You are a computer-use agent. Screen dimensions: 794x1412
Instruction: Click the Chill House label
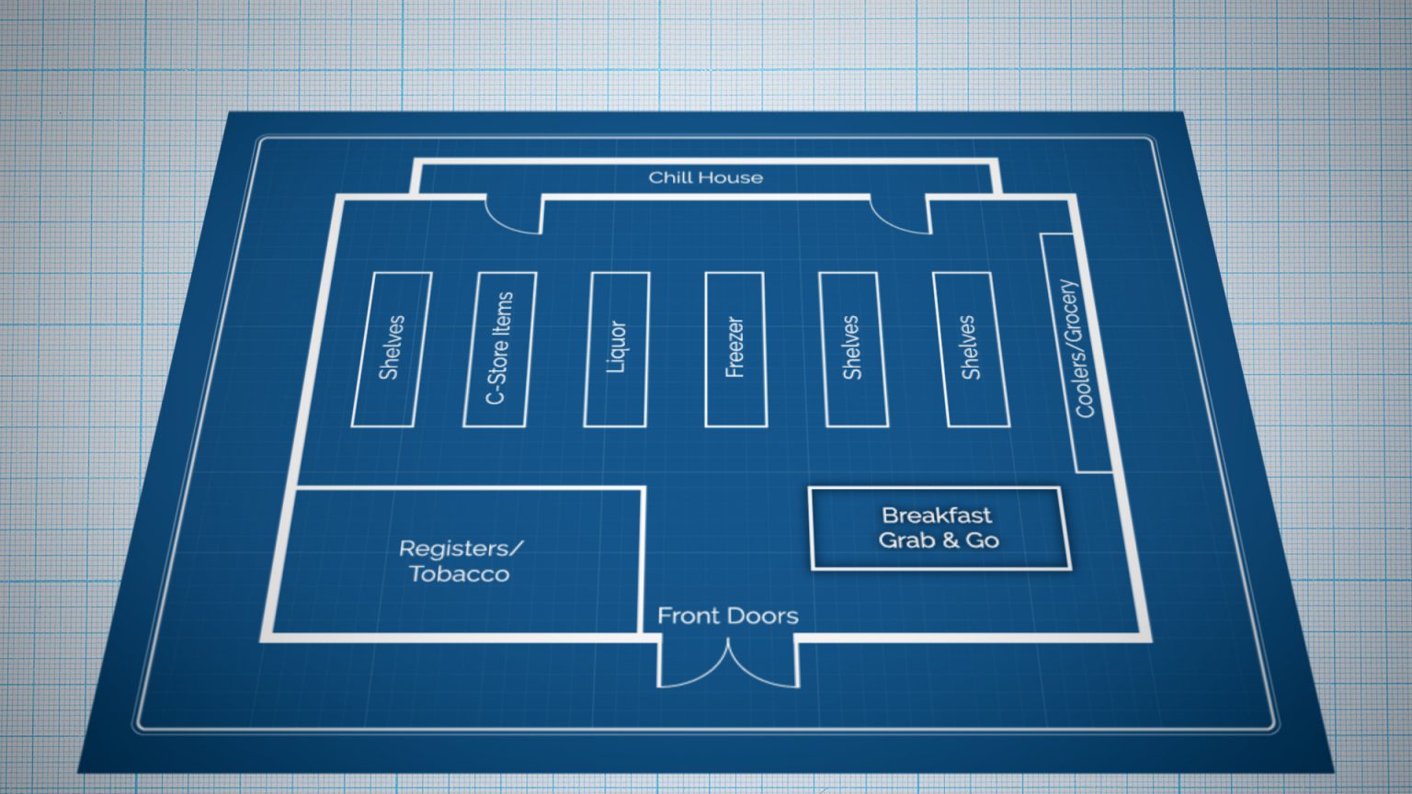705,177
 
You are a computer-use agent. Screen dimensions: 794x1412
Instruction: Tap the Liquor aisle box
617,349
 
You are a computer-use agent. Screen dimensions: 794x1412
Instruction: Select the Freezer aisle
734,349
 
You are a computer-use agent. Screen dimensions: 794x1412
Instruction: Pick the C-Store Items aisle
499,349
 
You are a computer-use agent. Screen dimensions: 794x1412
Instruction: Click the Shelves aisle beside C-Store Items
392,349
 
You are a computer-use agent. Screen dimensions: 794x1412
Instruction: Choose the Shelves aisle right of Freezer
852,349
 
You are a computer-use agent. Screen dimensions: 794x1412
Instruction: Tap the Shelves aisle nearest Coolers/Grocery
970,349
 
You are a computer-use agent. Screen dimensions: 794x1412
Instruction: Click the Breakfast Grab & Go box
939,528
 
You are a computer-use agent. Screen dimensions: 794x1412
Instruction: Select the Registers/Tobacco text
460,561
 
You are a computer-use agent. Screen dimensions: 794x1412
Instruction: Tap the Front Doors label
728,616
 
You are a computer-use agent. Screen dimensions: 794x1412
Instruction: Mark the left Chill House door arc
511,221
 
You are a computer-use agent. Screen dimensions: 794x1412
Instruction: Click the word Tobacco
460,574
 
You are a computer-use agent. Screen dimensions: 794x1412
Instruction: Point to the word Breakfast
937,516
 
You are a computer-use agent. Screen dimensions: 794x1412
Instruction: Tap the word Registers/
461,549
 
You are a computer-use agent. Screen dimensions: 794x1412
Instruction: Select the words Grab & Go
939,540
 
